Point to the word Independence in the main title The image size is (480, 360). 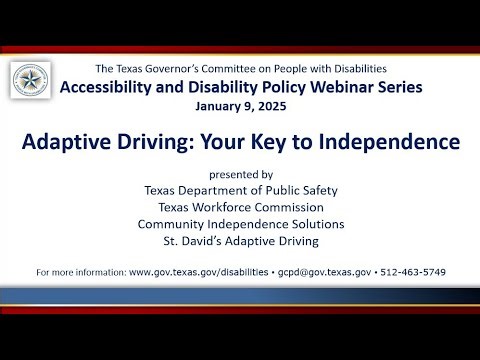pyautogui.click(x=385, y=143)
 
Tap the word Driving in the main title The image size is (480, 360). pyautogui.click(x=157, y=143)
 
